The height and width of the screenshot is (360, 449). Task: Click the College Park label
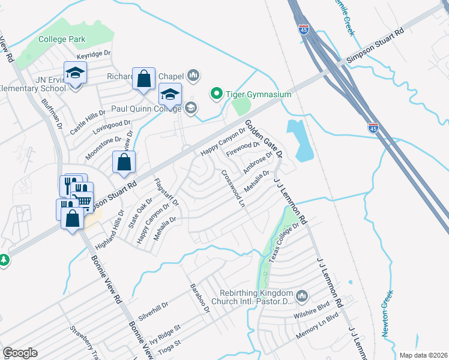point(62,40)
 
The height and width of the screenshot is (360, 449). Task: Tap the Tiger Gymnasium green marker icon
point(216,94)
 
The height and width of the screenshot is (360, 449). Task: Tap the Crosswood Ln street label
point(234,188)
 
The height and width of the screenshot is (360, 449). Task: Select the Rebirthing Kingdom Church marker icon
point(302,296)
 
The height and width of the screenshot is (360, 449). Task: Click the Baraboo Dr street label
point(199,298)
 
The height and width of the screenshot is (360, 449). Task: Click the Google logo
point(20,353)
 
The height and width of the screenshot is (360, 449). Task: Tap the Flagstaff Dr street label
point(166,193)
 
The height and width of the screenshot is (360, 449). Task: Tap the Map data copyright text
point(423,355)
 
